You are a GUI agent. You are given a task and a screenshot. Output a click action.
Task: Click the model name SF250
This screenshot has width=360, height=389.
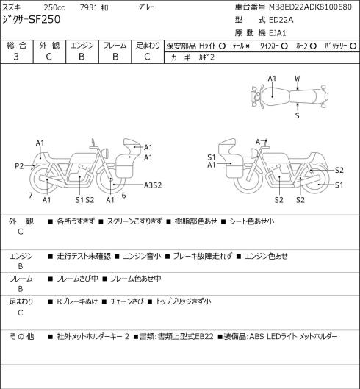45,20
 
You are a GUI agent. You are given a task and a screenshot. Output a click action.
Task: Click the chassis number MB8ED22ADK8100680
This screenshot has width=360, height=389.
311,7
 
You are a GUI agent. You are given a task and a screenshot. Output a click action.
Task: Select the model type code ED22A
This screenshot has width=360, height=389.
281,20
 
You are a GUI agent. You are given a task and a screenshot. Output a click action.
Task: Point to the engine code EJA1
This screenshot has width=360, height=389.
278,33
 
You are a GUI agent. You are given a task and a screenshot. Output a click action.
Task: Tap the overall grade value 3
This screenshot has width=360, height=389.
16,57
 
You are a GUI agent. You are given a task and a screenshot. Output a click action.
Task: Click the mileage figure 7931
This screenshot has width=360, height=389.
88,7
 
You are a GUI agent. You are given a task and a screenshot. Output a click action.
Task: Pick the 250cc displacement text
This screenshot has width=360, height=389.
54,7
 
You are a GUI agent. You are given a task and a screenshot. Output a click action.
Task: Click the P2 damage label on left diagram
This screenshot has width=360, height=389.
19,166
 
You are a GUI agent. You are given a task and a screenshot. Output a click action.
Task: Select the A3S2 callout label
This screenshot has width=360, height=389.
153,185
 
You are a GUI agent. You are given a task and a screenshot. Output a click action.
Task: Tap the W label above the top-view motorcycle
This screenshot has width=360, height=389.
298,79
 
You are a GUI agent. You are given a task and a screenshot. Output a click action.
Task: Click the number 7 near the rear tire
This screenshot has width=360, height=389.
31,196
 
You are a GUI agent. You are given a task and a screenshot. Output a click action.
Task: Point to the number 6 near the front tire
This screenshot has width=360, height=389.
123,196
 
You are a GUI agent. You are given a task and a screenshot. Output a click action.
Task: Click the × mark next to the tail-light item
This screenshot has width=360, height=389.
247,46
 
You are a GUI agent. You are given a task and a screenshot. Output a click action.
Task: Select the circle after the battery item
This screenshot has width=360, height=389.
353,46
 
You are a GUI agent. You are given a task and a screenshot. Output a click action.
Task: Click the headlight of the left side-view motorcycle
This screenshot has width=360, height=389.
105,152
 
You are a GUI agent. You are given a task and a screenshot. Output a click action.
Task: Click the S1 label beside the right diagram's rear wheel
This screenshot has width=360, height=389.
339,185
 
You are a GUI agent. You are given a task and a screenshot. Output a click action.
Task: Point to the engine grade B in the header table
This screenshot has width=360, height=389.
82,57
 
